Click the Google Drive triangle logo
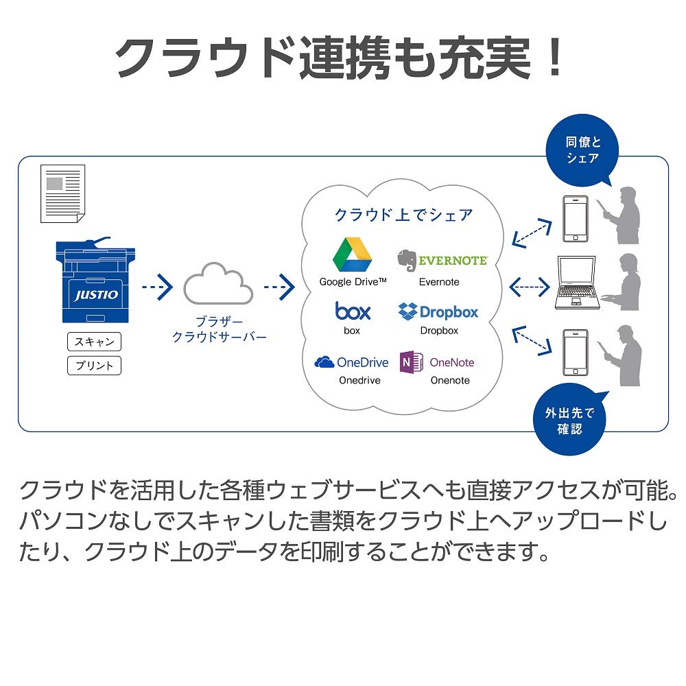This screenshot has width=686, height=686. (x=352, y=254)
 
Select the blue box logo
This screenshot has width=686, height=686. (x=353, y=311)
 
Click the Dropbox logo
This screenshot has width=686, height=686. (x=408, y=311)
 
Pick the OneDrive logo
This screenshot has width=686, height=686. (x=324, y=362)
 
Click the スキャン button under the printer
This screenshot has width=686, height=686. (x=94, y=341)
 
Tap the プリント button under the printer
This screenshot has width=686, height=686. (x=94, y=365)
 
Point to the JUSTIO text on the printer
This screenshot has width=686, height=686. (x=96, y=295)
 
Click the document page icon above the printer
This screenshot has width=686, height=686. (x=62, y=193)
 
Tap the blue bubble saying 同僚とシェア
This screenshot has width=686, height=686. (x=582, y=150)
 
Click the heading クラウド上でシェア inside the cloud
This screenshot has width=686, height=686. (x=403, y=215)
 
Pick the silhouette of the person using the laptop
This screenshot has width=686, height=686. (x=624, y=281)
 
